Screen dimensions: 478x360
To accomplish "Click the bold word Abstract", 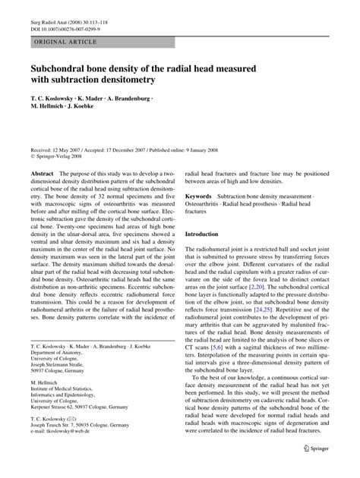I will (x=41, y=175).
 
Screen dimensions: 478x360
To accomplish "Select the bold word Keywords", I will (x=200, y=197).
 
